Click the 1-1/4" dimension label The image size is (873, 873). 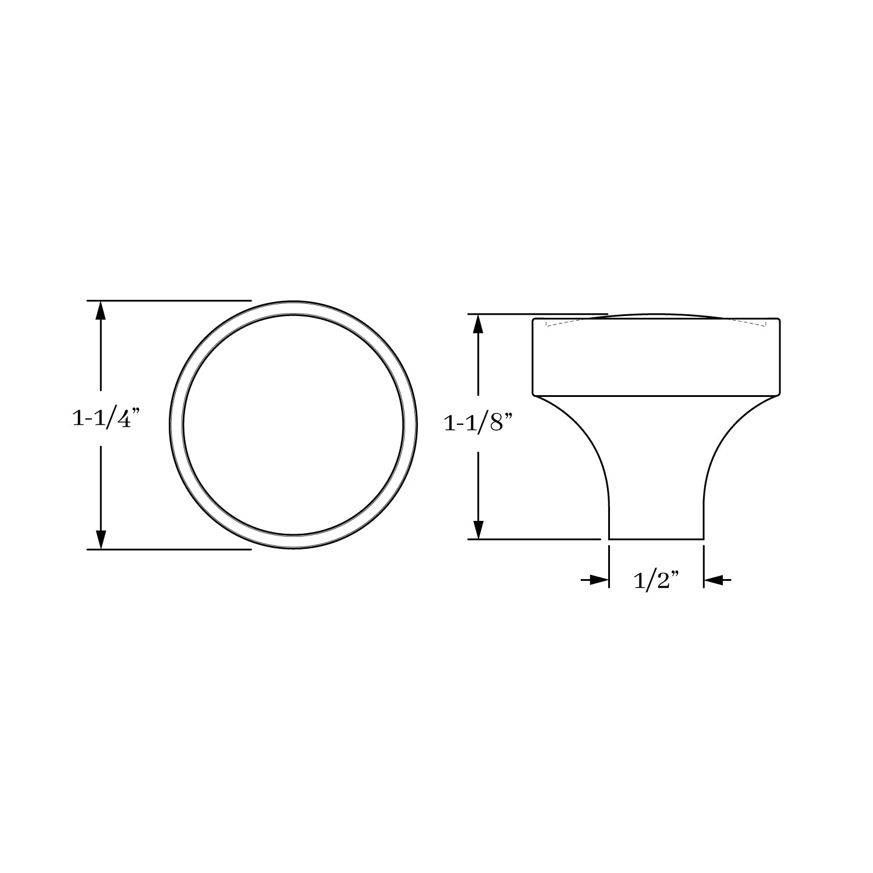(106, 418)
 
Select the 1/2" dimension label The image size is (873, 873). (656, 580)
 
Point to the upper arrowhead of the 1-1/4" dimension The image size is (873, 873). (101, 311)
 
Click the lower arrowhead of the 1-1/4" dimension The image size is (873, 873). (101, 539)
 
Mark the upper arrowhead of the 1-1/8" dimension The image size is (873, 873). (478, 324)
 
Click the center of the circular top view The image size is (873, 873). (293, 425)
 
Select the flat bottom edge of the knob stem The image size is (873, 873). (656, 540)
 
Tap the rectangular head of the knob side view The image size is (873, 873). (656, 358)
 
